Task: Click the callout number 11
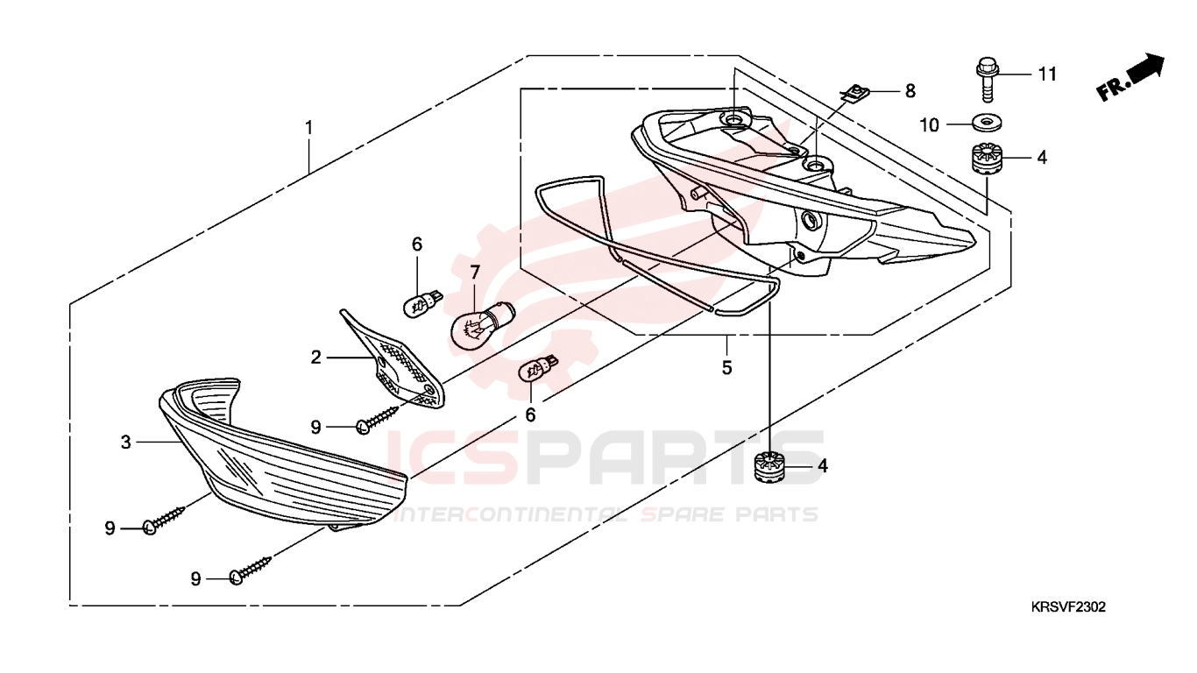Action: (x=1047, y=74)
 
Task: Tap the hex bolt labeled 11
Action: (x=988, y=79)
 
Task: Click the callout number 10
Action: (x=929, y=125)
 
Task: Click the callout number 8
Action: (x=910, y=91)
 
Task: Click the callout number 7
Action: (x=475, y=273)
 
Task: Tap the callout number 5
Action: (x=726, y=368)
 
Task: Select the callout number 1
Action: (x=308, y=128)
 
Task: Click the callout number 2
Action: (x=315, y=357)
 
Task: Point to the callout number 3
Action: (x=125, y=442)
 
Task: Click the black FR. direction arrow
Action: (x=1130, y=77)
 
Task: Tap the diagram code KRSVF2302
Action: (x=1067, y=606)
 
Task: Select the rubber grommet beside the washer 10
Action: (x=987, y=158)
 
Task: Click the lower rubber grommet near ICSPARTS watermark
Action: (x=769, y=467)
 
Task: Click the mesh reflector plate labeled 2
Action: (x=395, y=360)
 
